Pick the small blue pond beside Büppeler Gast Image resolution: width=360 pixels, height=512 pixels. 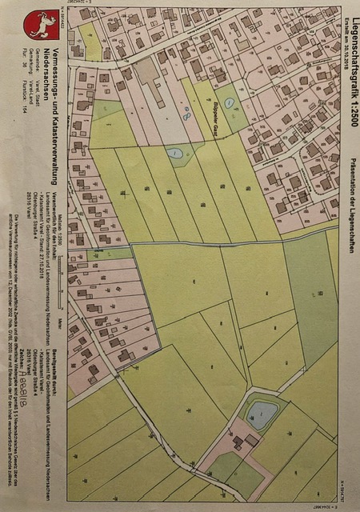pyautogui.click(x=174, y=152)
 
